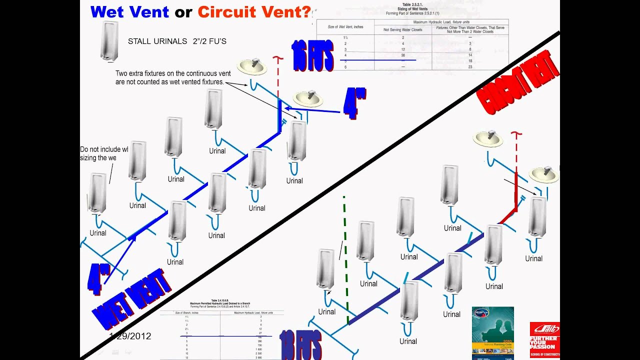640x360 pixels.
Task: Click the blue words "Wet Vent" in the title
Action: click(130, 11)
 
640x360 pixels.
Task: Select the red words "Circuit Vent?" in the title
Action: click(254, 11)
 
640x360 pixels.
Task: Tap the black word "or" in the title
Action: click(183, 12)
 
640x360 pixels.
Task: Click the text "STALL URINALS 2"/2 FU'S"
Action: click(177, 41)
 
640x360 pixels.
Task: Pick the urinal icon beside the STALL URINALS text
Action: click(109, 41)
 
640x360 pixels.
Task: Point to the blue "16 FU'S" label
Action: click(313, 56)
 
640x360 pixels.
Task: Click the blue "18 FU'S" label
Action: click(300, 345)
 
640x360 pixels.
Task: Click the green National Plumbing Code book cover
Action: click(492, 332)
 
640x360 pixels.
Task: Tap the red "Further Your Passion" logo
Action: click(544, 339)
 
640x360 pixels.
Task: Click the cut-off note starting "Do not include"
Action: click(104, 153)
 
